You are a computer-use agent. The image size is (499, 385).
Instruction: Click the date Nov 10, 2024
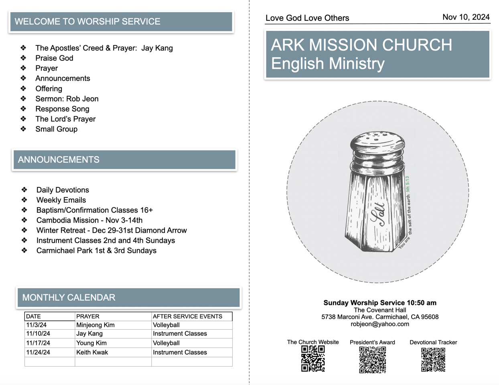pyautogui.click(x=466, y=17)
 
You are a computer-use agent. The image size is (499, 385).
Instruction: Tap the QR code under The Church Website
pyautogui.click(x=313, y=359)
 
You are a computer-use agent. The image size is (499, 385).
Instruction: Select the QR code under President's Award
pyautogui.click(x=372, y=360)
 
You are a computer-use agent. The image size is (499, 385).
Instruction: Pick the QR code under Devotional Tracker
pyautogui.click(x=433, y=360)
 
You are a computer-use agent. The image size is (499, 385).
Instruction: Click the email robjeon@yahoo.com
pyautogui.click(x=380, y=324)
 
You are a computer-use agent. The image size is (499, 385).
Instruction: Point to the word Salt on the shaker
pyautogui.click(x=379, y=215)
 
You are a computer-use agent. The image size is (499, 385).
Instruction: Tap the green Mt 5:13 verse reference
pyautogui.click(x=407, y=184)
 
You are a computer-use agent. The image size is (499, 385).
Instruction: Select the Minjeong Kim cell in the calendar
pyautogui.click(x=95, y=325)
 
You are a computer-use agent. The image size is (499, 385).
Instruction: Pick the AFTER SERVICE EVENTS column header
pyautogui.click(x=187, y=316)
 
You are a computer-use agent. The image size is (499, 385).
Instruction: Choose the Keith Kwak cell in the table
pyautogui.click(x=92, y=352)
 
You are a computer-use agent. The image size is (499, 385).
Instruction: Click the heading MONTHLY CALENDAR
pyautogui.click(x=69, y=298)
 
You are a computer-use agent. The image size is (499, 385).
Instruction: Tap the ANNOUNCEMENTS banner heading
pyautogui.click(x=59, y=160)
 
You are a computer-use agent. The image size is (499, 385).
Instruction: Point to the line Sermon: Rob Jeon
pyautogui.click(x=67, y=99)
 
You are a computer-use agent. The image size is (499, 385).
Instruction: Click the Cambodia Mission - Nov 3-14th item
pyautogui.click(x=89, y=220)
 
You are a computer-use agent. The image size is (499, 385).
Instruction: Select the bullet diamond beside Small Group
pyautogui.click(x=24, y=129)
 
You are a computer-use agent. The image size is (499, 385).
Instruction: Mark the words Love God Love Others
pyautogui.click(x=307, y=18)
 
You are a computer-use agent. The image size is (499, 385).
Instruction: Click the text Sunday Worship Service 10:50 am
pyautogui.click(x=380, y=303)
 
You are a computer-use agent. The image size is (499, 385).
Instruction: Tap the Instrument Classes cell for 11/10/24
pyautogui.click(x=180, y=334)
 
